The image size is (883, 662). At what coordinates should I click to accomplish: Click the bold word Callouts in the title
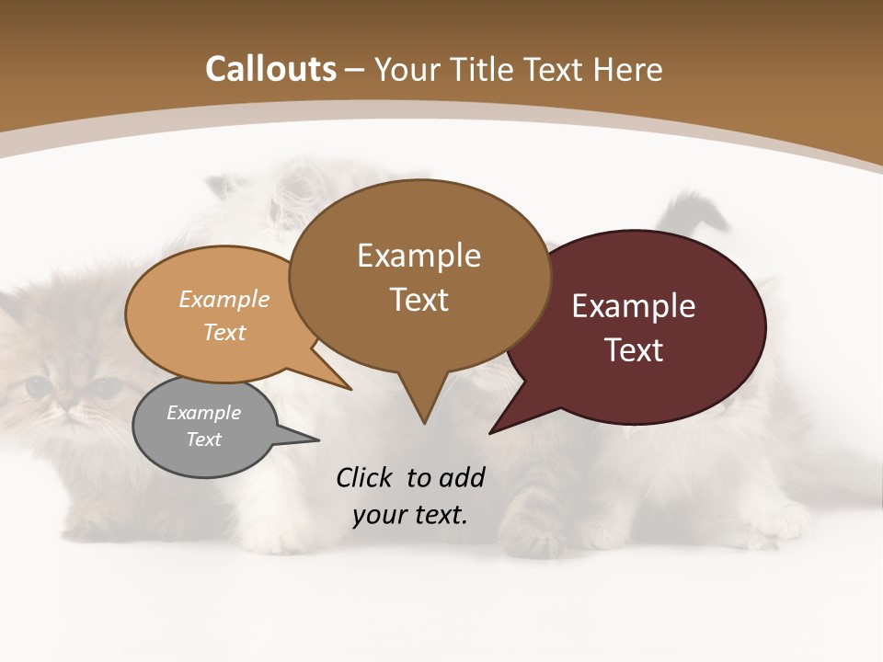(270, 69)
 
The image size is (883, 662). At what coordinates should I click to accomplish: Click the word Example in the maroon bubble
(634, 306)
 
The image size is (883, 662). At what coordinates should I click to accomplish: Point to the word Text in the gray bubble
(203, 439)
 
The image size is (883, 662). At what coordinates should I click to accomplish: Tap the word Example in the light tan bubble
(224, 299)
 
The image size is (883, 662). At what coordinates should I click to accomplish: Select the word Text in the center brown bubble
(419, 299)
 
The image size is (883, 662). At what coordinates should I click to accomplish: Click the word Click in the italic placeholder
(364, 477)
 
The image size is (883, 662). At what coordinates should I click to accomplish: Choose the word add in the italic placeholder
(462, 477)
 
